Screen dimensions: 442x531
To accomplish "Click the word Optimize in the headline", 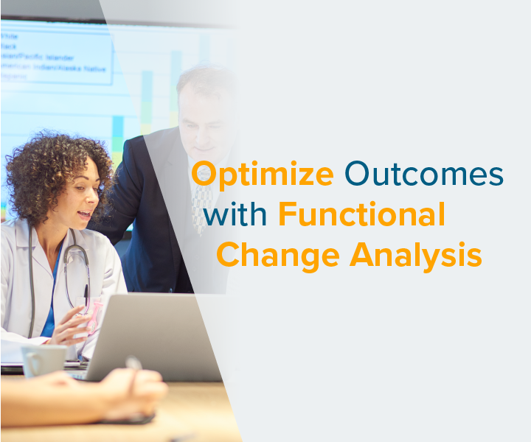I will [x=263, y=175].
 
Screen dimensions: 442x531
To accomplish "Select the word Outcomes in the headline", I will [x=424, y=175].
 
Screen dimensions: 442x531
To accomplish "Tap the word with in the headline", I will [x=237, y=215].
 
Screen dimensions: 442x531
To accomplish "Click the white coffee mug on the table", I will [x=44, y=360].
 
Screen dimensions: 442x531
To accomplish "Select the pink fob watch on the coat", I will [x=91, y=314].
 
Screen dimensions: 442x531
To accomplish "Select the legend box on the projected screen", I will [x=55, y=52].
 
